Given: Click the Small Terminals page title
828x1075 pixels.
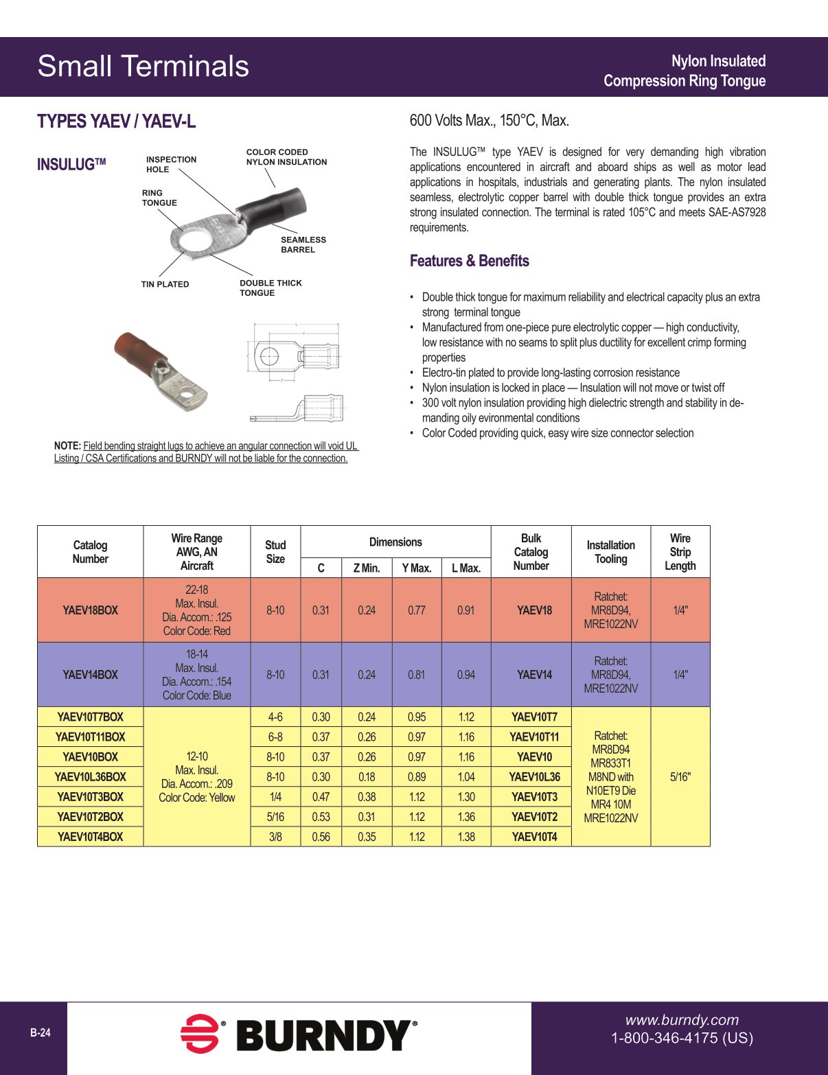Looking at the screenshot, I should (143, 67).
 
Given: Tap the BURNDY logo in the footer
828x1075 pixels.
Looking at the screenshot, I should (299, 1035).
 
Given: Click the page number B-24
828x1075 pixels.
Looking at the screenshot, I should (40, 1032).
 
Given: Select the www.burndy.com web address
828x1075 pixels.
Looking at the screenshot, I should (682, 1020).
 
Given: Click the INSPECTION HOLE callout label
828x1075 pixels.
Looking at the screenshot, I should (171, 164).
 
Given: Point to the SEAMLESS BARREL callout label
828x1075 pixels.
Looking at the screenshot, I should (303, 244).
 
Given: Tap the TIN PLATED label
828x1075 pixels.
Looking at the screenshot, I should (165, 284).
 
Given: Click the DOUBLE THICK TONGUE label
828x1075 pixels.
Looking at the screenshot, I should (270, 288).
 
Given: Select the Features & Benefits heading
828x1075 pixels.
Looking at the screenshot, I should (469, 261).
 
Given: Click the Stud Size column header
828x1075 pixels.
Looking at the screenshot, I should (275, 551).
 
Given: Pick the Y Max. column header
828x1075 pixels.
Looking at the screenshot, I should (416, 568).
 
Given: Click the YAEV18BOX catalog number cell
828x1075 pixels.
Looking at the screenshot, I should (90, 610).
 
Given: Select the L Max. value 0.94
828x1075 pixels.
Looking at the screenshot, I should (465, 675).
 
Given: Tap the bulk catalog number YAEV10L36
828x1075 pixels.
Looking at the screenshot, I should (534, 776).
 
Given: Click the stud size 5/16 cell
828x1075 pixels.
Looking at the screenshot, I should (275, 817).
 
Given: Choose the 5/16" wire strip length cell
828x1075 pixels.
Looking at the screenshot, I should (680, 776).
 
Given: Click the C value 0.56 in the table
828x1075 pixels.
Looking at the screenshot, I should (321, 837).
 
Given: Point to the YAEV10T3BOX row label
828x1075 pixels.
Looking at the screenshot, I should (90, 797).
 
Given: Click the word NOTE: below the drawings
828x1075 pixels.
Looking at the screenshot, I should (67, 446).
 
